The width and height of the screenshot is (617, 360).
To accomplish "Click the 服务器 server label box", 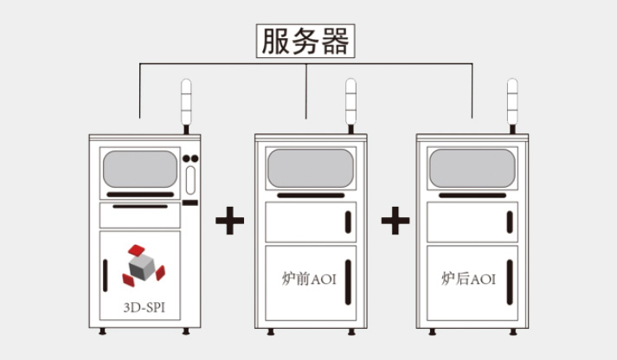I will point(306,41).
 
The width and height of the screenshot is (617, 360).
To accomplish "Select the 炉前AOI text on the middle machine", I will point(310,279).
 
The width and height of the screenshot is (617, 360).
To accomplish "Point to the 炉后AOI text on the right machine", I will point(468,279).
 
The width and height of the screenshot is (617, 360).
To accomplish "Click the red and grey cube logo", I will point(142,265).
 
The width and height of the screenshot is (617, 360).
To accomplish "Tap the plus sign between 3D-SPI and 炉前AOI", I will point(229,221).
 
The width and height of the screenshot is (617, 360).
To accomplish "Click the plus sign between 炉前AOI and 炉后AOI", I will point(395,221).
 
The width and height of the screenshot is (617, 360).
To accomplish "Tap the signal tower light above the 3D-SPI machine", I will point(186,102).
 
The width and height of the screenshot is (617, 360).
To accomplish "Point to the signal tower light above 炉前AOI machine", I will point(350,102).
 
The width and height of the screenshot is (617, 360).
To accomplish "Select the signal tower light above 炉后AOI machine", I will point(512,102).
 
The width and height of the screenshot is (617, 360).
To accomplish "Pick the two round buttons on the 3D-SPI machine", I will point(190,158).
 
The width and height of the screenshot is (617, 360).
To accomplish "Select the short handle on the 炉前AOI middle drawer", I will point(348,222).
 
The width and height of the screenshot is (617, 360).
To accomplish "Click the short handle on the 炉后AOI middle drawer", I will point(510,222).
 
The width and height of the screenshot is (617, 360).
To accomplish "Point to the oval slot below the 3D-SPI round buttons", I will point(190,180).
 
